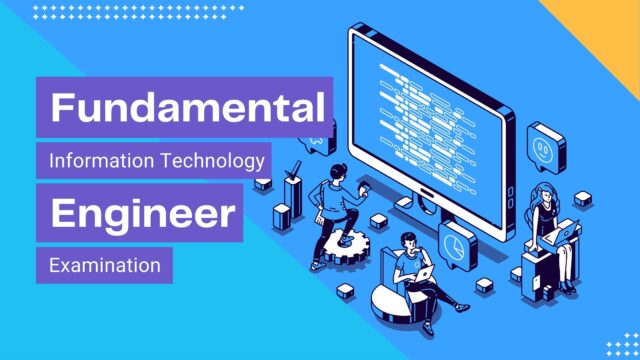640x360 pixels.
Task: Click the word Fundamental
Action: coord(188,107)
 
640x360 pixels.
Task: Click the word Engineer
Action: coord(143,213)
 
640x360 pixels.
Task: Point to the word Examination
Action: coord(105,265)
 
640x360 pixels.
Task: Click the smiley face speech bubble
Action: coord(546,148)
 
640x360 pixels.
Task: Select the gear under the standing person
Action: coord(346,247)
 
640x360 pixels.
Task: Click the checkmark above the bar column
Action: coord(293,171)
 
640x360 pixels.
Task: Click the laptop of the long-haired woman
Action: coord(560,233)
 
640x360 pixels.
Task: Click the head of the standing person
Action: coord(338,171)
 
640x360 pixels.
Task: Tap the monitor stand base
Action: coord(424,209)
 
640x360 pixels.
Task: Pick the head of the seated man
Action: coord(409,242)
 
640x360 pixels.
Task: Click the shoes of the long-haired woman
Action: coord(567,287)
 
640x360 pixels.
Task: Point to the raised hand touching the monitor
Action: coord(362,189)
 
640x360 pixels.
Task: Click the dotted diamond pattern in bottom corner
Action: coord(623,345)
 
